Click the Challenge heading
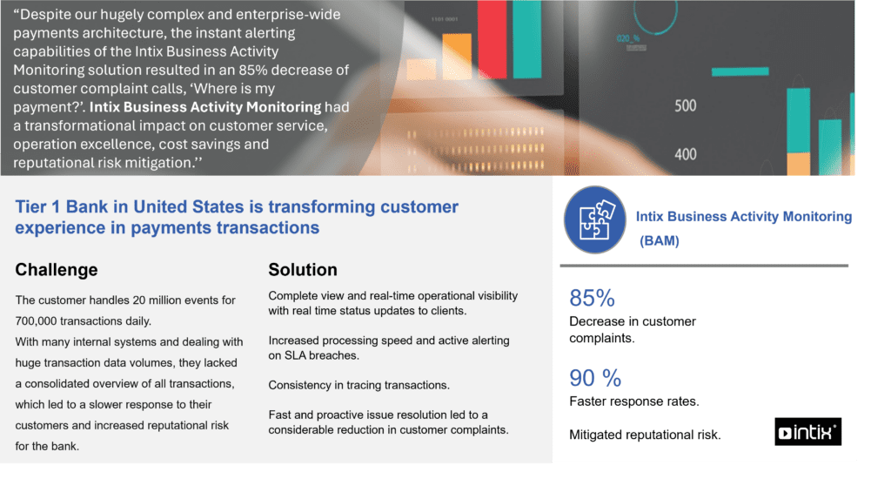tap(57, 270)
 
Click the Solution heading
tap(303, 270)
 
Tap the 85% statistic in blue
tap(592, 298)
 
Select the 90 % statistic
tap(595, 378)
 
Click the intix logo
tap(807, 432)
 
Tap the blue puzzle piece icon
tap(595, 220)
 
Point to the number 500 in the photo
tap(686, 105)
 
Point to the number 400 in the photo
tap(686, 155)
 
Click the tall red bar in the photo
tap(492, 39)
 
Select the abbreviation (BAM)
tap(660, 241)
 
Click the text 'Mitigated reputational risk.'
tap(645, 435)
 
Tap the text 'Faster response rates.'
tap(634, 401)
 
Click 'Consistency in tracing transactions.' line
tap(359, 385)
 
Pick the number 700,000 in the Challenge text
tap(36, 321)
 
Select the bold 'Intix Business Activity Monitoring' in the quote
tap(205, 107)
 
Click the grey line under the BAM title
tap(704, 266)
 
